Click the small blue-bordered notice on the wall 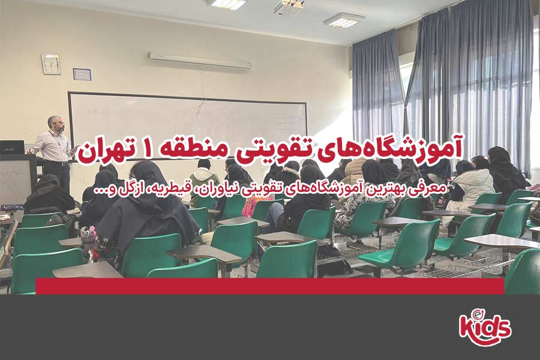click(x=81, y=74)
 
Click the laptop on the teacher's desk click(x=12, y=147)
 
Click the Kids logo click(x=485, y=325)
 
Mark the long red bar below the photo click(x=270, y=286)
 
